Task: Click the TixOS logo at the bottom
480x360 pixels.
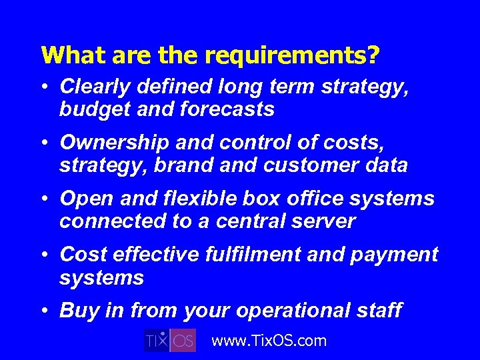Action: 170,340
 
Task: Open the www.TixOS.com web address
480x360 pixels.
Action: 269,341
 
